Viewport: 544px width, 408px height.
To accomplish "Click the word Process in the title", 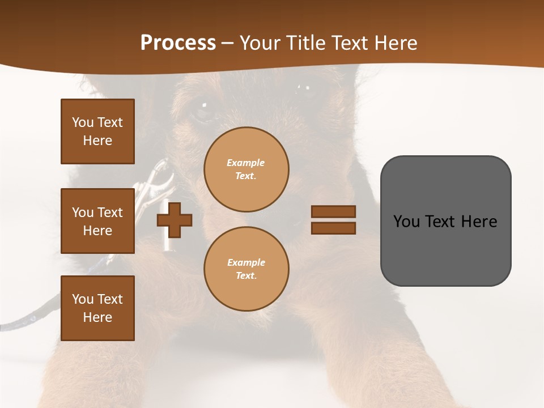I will pos(178,42).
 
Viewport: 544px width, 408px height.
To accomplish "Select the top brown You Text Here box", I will pos(97,131).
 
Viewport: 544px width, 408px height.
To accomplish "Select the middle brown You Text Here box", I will pos(97,221).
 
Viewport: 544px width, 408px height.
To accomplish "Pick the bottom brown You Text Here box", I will pos(97,308).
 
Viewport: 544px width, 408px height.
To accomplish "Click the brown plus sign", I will pos(175,220).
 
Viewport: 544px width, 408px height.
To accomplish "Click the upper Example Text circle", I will pos(246,169).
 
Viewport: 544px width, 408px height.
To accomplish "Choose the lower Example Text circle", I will pos(246,269).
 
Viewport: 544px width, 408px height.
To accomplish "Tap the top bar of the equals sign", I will pos(333,211).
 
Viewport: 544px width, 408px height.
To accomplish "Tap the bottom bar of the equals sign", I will pos(333,228).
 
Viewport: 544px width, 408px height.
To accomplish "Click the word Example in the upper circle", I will pos(246,163).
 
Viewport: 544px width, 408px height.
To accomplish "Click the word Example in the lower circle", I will pos(246,262).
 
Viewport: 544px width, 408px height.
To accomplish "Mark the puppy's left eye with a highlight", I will pos(202,108).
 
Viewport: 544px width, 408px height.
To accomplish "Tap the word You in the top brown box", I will pos(82,122).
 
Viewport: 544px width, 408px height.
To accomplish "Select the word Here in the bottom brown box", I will pos(97,317).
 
